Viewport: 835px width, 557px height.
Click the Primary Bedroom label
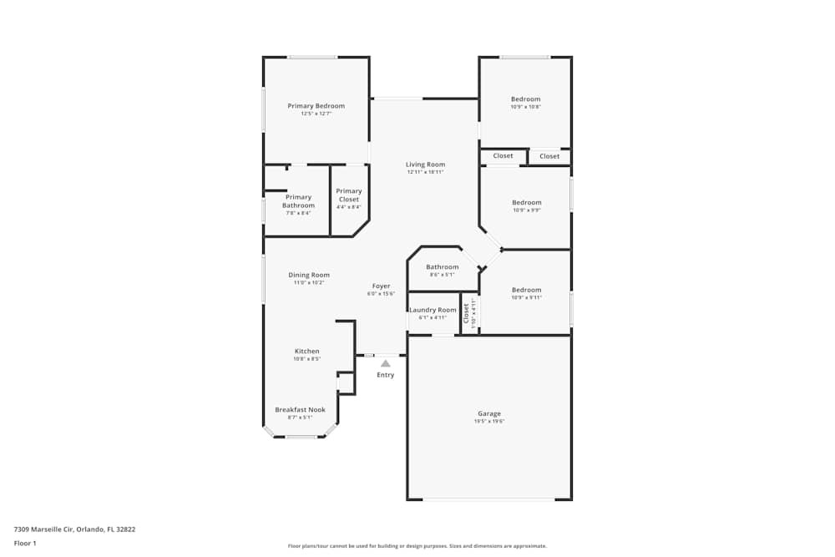(x=316, y=106)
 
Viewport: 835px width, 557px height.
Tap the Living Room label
(x=425, y=165)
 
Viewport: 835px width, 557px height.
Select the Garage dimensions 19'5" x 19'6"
(x=489, y=422)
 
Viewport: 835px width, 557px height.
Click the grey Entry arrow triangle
(x=385, y=363)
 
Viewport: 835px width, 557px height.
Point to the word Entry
(x=385, y=375)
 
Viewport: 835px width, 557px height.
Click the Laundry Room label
(x=433, y=310)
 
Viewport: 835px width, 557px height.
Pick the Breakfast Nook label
(x=300, y=410)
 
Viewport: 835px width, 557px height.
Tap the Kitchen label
(x=306, y=351)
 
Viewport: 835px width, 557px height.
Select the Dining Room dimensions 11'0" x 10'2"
(x=308, y=283)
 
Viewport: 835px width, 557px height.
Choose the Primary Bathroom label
(x=298, y=201)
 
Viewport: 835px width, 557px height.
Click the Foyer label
(x=381, y=286)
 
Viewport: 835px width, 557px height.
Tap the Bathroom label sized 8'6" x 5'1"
(x=442, y=267)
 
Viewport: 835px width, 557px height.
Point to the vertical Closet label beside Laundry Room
(x=467, y=313)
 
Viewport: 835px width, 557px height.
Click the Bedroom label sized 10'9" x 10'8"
(x=526, y=99)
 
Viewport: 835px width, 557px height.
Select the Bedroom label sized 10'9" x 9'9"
(x=526, y=202)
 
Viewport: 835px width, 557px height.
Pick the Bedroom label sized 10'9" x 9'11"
(x=526, y=290)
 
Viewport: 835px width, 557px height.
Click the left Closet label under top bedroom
(x=503, y=156)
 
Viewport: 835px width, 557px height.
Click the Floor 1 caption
(x=25, y=543)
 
